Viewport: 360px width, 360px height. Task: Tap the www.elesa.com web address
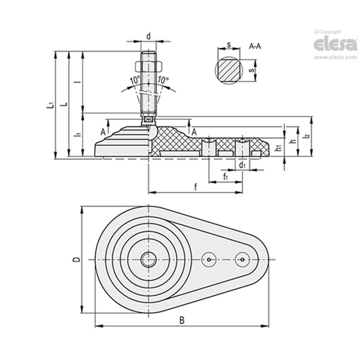335,58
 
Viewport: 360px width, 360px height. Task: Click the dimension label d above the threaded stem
149,36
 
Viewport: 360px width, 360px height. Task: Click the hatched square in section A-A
229,70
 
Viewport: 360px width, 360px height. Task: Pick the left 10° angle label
135,80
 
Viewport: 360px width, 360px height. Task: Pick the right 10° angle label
163,80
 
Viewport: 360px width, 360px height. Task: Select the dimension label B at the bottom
182,320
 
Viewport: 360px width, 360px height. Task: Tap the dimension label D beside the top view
77,259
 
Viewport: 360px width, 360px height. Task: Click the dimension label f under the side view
195,187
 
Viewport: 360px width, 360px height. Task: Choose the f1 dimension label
225,177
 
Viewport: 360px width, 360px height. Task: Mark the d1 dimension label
242,165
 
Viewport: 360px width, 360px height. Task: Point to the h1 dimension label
278,148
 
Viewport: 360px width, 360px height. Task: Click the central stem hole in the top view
148,259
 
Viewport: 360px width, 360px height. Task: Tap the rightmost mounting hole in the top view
243,260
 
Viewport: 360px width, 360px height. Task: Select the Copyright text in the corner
327,32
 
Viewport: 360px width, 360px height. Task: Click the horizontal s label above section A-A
229,45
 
